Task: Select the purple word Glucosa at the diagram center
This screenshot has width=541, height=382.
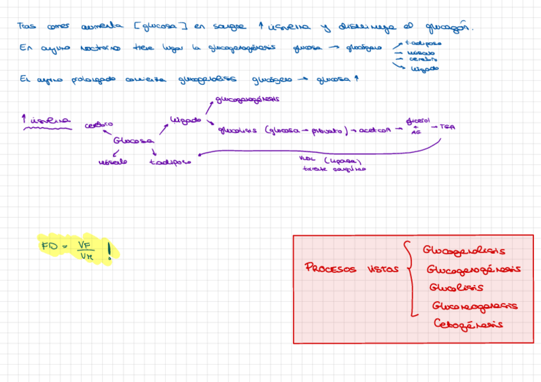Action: [133, 140]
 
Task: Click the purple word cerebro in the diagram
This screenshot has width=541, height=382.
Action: [99, 124]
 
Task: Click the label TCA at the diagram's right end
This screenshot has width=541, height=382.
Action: [447, 128]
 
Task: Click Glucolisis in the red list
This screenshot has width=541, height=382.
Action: [456, 287]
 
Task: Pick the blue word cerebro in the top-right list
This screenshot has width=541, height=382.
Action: [423, 59]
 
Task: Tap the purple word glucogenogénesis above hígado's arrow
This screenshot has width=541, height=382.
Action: [248, 100]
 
